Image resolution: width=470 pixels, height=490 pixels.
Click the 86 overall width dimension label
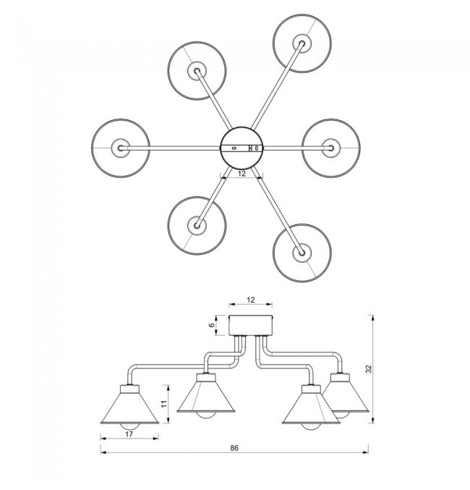tap(234, 448)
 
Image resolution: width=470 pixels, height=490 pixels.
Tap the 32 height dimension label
tap(369, 368)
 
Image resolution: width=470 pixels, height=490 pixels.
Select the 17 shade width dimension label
tap(129, 434)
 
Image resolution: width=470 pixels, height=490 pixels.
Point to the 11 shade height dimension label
tap(164, 403)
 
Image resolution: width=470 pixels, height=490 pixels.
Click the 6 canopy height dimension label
tap(212, 325)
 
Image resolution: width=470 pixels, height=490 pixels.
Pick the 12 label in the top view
tap(242, 174)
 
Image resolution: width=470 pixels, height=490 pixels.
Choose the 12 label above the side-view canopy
tap(251, 300)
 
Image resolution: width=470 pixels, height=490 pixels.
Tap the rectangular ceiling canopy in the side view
tap(251, 325)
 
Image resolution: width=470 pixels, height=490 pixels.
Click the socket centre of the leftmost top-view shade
tap(121, 148)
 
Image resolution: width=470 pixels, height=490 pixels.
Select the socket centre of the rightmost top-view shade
tap(331, 148)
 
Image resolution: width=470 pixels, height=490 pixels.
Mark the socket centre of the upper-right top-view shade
tap(302, 43)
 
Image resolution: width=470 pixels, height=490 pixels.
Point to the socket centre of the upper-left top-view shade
tap(197, 71)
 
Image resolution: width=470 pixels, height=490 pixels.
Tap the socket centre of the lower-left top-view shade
tap(197, 225)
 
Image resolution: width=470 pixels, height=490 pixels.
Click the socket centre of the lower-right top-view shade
tap(302, 253)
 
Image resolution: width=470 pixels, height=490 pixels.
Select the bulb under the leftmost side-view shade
tap(129, 427)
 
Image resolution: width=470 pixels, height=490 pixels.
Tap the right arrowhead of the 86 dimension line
tap(365, 452)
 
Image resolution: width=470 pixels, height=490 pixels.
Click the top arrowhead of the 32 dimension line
tap(372, 318)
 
